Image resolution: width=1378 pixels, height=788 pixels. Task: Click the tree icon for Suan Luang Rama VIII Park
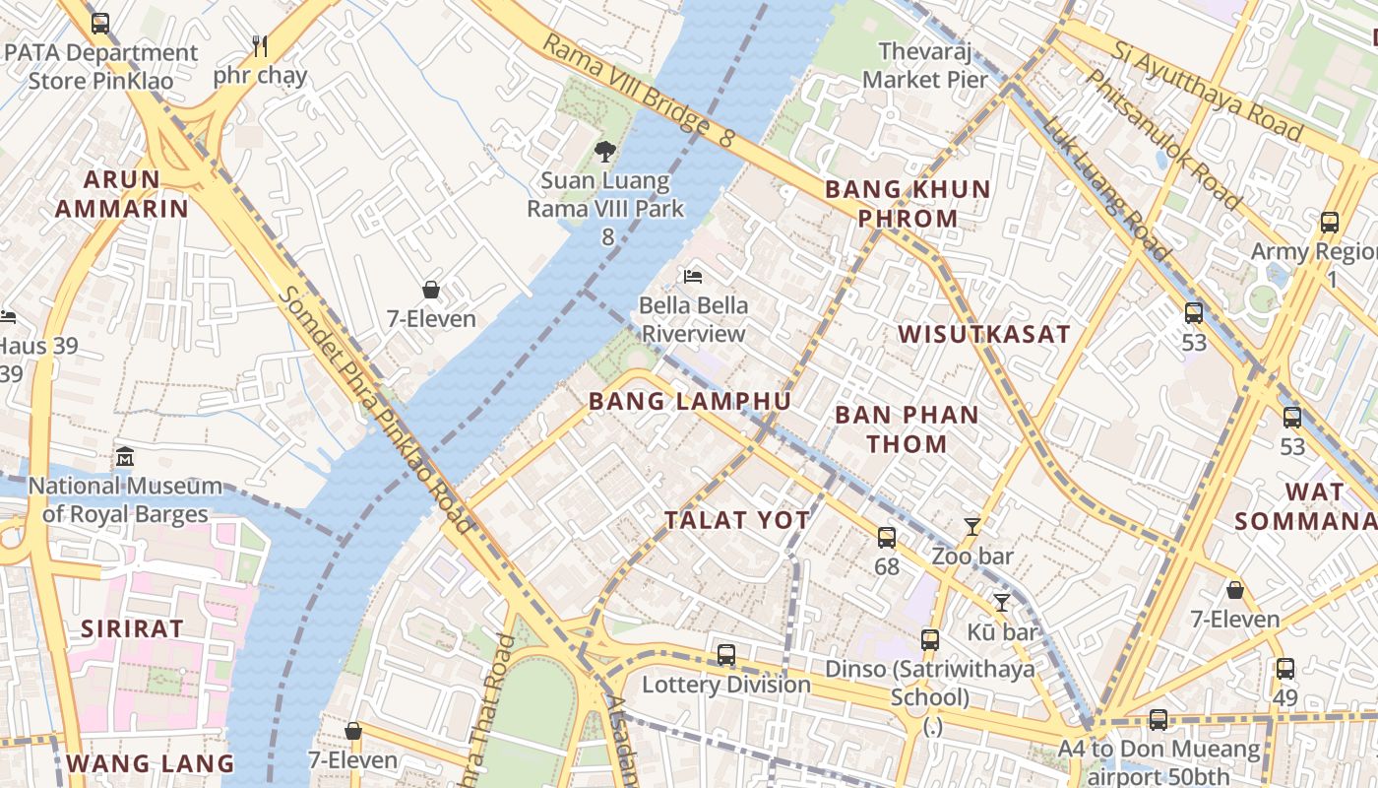pos(604,152)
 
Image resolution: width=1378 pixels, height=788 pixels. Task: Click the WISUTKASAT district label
pos(983,334)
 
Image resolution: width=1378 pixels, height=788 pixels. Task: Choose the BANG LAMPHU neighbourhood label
pos(690,401)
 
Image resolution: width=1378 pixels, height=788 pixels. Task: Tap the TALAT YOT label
pos(737,520)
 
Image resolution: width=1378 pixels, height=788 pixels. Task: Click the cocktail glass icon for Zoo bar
pos(972,527)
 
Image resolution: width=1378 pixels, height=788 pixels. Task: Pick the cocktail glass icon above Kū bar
pos(1002,603)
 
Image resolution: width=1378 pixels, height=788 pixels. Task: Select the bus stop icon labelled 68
pos(887,538)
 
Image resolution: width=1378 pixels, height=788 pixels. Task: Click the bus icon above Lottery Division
pos(726,654)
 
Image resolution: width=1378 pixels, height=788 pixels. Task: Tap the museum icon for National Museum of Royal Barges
pos(125,457)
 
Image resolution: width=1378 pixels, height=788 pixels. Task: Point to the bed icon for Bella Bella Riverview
pos(694,277)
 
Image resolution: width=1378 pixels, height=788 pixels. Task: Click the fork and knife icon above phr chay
pos(260,45)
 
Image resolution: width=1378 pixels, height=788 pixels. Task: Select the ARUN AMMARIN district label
pos(121,194)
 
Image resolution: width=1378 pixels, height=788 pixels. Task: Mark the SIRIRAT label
pos(132,628)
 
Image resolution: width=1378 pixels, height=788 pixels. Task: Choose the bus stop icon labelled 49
pos(1284,669)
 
